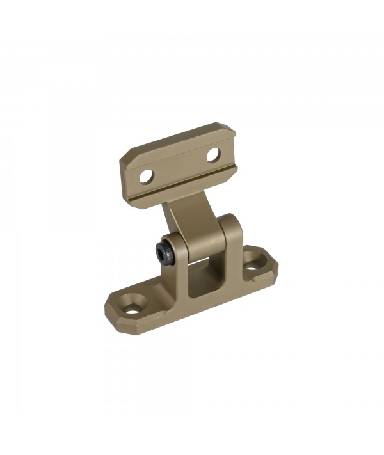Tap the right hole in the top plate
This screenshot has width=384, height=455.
pyautogui.click(x=212, y=154)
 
